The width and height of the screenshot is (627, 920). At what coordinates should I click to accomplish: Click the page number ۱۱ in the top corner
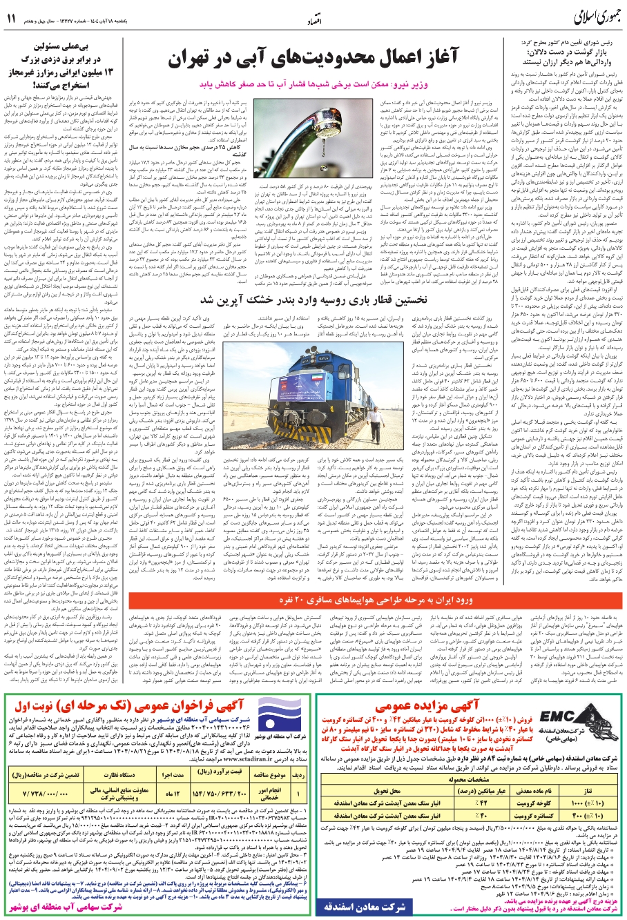click(12, 18)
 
